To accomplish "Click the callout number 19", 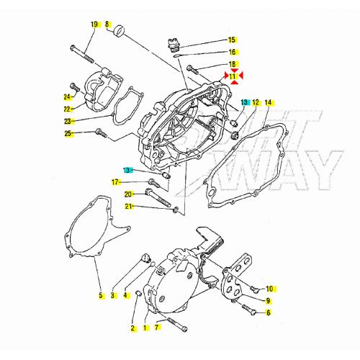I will [94, 25].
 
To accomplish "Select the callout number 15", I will [232, 40].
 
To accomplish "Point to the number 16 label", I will [232, 52].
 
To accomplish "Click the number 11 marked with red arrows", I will [232, 76].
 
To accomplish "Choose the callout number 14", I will [268, 103].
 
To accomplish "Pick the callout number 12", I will [256, 103].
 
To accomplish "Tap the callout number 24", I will [68, 96].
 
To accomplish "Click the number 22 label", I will [68, 109].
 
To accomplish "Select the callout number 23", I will [68, 121].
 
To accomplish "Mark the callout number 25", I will [68, 133].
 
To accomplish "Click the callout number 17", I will [114, 181].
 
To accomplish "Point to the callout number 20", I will [128, 194].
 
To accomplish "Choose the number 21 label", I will [128, 207].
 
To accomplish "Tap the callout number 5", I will [101, 295].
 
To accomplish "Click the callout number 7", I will [156, 328].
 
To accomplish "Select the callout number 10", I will [269, 288].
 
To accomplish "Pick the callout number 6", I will [268, 312].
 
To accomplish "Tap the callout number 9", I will [268, 300].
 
